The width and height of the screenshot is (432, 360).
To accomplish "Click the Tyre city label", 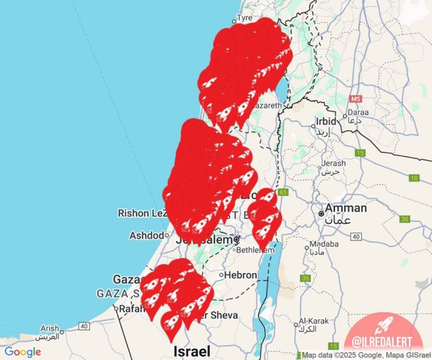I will point(244,18).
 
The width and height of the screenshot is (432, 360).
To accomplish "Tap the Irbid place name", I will point(326,121).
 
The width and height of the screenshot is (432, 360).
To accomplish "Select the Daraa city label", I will point(358,113).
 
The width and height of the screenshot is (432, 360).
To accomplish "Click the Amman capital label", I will point(346,209).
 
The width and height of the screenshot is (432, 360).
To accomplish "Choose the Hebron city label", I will point(241,275).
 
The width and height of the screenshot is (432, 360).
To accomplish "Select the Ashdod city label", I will point(146,235).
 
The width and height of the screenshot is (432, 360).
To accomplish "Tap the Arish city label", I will point(49,328).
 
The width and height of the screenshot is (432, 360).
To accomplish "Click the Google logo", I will point(23,352).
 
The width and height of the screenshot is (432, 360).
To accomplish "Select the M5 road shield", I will point(356,99).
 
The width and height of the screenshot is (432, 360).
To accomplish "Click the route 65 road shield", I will point(283,192).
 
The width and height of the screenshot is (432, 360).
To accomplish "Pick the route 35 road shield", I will point(306,278).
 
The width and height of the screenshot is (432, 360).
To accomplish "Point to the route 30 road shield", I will point(405,219).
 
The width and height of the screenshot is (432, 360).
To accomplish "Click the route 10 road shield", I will point(414,178).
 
